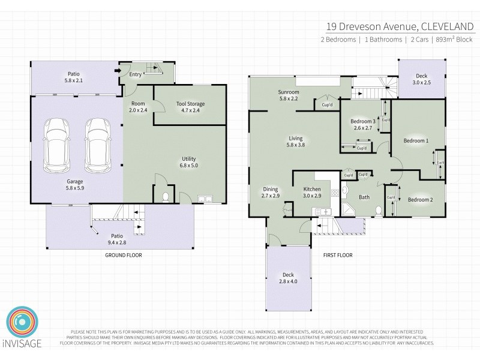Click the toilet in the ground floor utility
point(164,197)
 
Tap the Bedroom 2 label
point(420,200)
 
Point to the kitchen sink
point(319,211)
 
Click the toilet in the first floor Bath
point(377,210)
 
